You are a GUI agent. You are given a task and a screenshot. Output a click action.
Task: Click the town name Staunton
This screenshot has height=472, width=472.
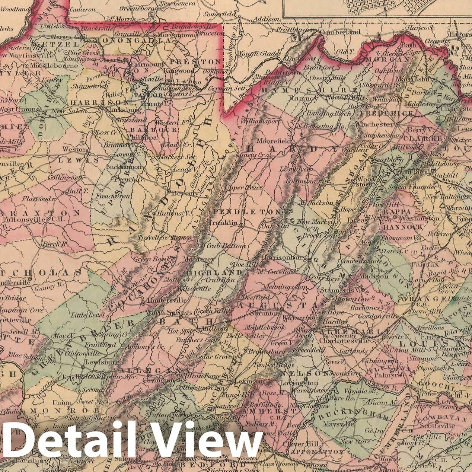click(x=267, y=313)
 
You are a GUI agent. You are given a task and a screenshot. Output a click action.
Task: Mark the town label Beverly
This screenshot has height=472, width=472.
click(x=185, y=193)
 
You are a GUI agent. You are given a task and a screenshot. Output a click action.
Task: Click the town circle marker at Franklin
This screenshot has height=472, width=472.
click(x=242, y=225)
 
